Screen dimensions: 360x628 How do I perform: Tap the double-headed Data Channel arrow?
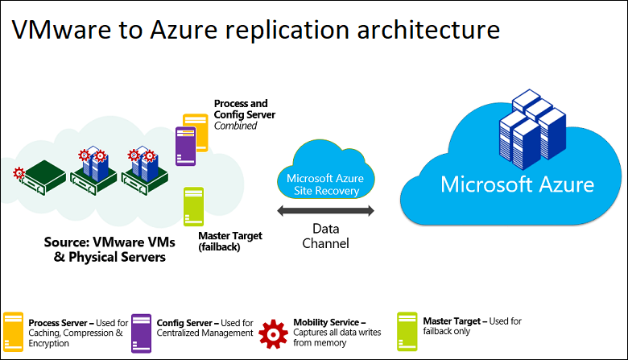[x=325, y=211]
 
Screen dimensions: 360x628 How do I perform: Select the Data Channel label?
[x=325, y=235]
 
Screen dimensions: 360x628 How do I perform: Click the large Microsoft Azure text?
[x=517, y=184]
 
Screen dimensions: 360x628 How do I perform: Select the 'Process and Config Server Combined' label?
[x=244, y=114]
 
